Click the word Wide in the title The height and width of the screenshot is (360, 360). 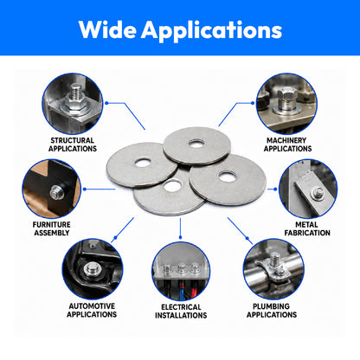[x=107, y=29]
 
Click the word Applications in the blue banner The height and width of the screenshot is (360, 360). [x=211, y=31]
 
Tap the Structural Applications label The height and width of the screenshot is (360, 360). [x=73, y=145]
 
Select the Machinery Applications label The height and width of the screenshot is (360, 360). [x=287, y=145]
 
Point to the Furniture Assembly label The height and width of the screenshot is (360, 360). [x=52, y=228]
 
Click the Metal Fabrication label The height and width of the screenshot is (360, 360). [x=307, y=228]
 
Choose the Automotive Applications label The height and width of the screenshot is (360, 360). [x=92, y=310]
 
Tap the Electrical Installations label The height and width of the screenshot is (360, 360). [x=181, y=312]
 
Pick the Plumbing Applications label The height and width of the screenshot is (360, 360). [x=272, y=311]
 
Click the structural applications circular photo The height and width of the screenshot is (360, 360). [x=73, y=104]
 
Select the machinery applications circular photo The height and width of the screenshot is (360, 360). [x=286, y=104]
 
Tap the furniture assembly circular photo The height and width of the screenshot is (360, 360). [x=52, y=189]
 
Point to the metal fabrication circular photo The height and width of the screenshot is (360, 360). [x=308, y=189]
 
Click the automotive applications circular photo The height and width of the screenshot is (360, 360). [x=93, y=269]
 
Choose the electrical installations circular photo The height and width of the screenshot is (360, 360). [x=181, y=272]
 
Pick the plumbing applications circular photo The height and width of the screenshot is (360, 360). [x=273, y=269]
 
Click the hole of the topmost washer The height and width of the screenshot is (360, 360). [x=196, y=143]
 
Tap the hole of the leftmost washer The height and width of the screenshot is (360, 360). [x=143, y=163]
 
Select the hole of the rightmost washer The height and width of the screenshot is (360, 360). [x=228, y=177]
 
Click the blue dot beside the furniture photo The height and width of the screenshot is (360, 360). [x=85, y=190]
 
